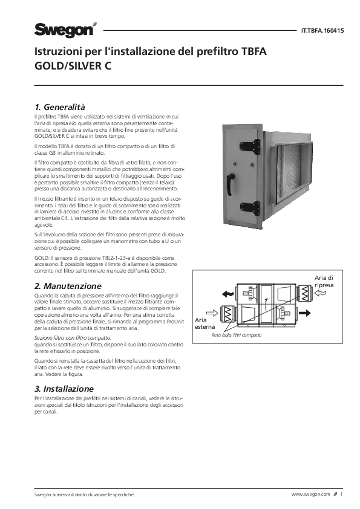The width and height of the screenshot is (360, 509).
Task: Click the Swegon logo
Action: pos(65,30)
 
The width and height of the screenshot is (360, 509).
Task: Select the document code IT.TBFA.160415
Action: pos(322,31)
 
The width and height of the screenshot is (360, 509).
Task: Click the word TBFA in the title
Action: pos(254,51)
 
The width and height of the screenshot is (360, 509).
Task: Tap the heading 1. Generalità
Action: pos(60,107)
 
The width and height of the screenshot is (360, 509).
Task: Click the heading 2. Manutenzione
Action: pos(68,286)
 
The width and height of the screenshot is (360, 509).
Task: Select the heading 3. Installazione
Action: pos(64,389)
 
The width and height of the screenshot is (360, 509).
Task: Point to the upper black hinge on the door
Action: pos(250,147)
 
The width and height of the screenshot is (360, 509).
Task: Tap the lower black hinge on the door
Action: pos(250,208)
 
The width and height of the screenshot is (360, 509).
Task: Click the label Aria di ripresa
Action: pos(324,282)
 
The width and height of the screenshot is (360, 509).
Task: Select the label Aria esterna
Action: pos(205,323)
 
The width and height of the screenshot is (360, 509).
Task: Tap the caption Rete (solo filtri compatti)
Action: pos(237,336)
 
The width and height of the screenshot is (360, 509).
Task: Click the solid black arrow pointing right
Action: pos(305,313)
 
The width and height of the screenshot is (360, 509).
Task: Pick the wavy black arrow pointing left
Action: pos(227,294)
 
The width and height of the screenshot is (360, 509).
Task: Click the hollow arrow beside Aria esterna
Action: pos(212,313)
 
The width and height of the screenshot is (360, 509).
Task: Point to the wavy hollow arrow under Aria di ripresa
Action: pos(321,293)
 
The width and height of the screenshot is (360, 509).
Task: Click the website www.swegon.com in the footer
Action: pos(310,494)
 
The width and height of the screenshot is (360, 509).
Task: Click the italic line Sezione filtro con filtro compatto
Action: pos(73,338)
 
